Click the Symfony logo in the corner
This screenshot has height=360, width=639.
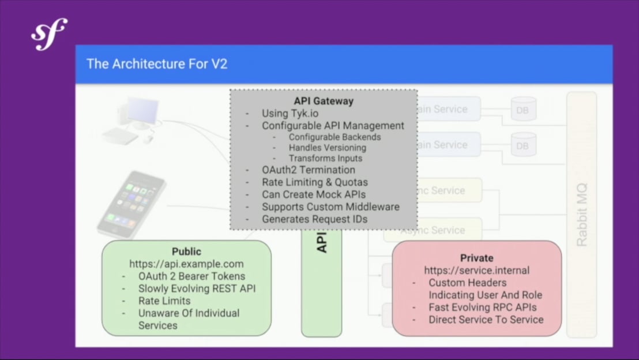coord(49,34)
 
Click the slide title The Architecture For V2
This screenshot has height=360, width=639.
coord(157,63)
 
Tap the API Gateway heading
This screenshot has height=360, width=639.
coord(324,101)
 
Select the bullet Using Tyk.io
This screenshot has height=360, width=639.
coord(290,113)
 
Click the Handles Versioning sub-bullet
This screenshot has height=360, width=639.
coord(327,148)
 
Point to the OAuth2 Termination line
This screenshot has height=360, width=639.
coord(308,170)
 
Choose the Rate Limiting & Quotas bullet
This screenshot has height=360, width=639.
coord(314,182)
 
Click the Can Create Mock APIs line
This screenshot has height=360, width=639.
coord(313,194)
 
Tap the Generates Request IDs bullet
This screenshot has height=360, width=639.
coord(314,219)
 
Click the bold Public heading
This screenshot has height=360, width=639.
coord(186,252)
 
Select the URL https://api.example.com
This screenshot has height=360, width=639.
coord(186,264)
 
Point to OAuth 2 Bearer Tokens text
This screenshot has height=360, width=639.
coord(191,276)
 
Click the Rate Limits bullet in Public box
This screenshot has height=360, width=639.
coord(164,301)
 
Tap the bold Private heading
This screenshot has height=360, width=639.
coord(476,258)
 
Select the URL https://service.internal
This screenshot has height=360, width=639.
coord(476,271)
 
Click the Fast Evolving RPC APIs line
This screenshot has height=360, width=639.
coord(482,307)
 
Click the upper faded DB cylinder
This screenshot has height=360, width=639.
coord(523,109)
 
